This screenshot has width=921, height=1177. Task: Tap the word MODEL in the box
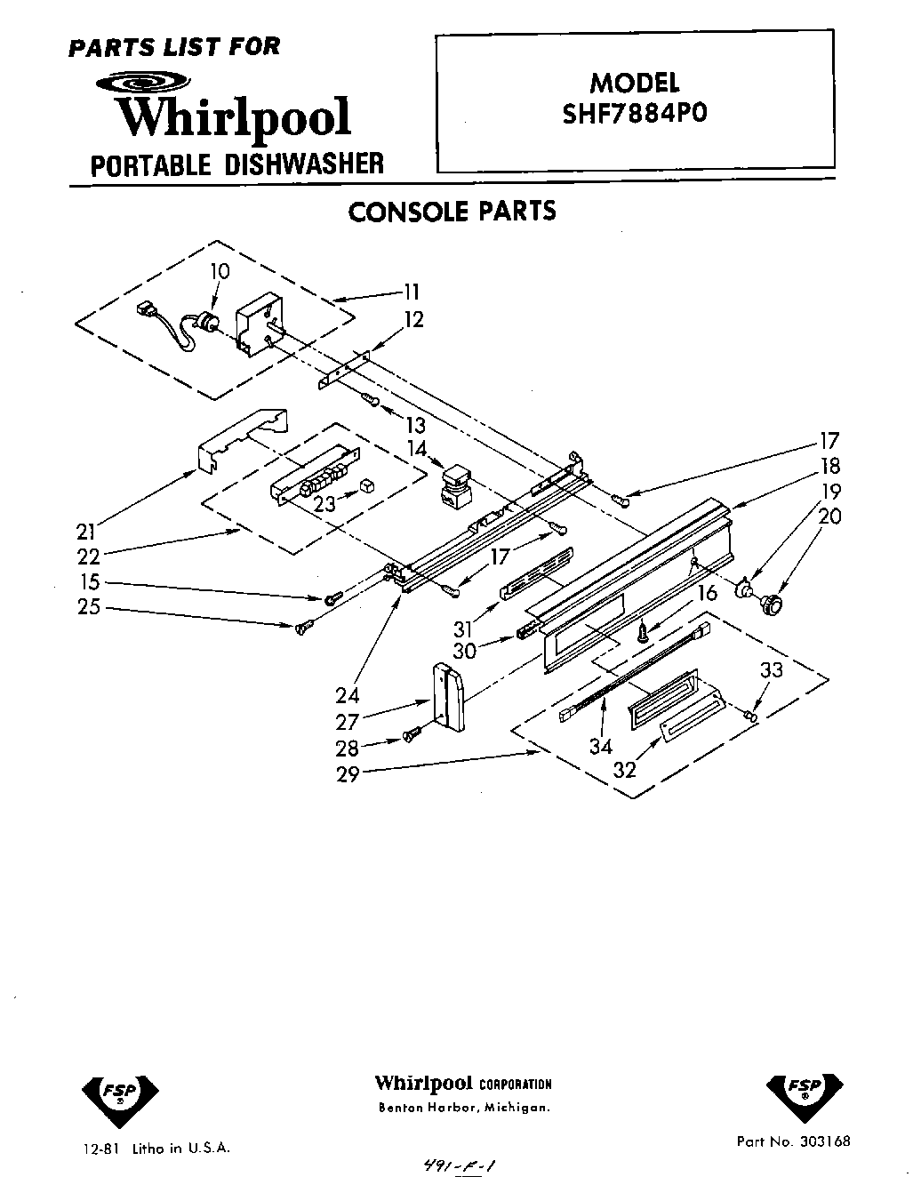pos(635,83)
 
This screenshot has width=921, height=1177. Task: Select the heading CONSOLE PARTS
pos(452,212)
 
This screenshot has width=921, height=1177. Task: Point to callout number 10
pos(220,271)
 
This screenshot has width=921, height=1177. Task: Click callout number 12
pos(414,319)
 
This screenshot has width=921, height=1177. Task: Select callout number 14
pos(417,449)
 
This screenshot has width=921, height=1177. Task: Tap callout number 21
pos(85,532)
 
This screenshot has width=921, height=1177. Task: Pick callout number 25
pos(89,608)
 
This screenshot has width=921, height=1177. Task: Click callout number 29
pos(348,773)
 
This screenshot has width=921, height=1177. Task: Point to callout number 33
pos(771,669)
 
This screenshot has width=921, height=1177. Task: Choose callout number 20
pos(829,516)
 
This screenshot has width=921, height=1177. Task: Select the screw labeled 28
pos(412,735)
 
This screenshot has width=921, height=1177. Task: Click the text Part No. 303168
pos(793,1141)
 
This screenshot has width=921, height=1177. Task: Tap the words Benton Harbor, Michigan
pos(464,1108)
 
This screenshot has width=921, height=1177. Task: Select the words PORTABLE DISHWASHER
pos(237,164)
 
